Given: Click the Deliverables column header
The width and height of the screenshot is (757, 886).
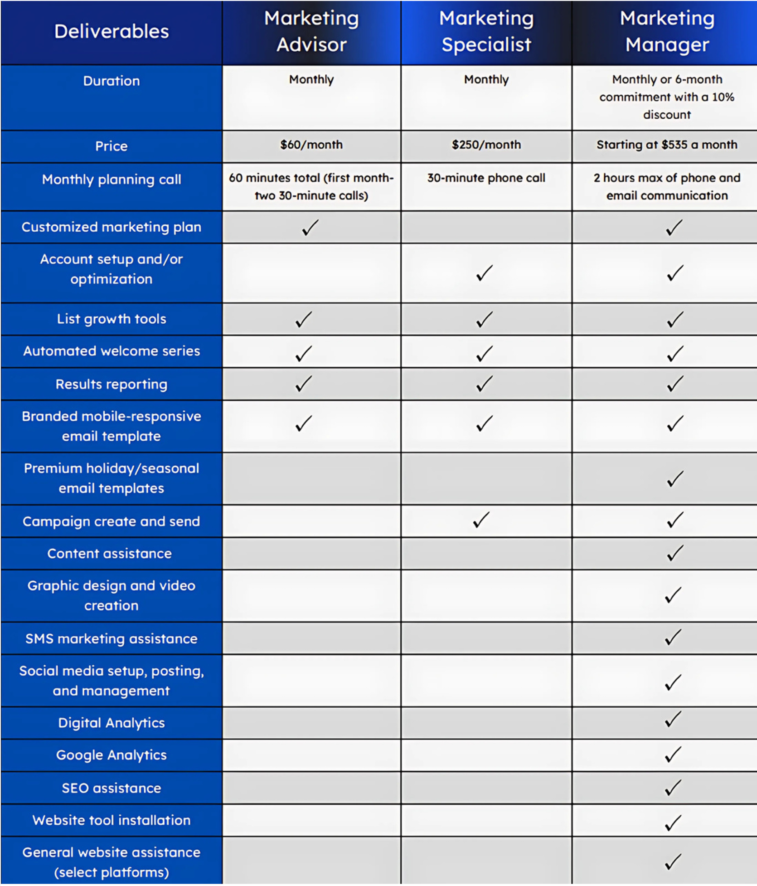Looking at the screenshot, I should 112,32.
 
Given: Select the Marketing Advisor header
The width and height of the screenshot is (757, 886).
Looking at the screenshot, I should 311,32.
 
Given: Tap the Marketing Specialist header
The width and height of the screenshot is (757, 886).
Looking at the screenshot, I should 486,32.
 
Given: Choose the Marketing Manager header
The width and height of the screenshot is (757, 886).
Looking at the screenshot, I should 667,32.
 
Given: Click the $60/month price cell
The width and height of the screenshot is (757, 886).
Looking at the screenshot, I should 311,145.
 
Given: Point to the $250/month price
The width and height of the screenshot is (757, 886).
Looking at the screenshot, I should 486,145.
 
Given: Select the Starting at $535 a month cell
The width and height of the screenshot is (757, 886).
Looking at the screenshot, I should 667,145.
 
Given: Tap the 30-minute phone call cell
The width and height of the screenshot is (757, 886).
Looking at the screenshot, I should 486,178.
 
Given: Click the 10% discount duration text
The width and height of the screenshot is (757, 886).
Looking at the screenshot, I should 667,97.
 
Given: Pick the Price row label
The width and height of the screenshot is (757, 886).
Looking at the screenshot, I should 112,146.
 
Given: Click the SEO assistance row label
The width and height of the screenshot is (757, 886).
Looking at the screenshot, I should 112,788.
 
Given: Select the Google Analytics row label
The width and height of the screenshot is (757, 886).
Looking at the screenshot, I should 112,755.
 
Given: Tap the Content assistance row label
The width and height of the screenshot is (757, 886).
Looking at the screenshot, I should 110,554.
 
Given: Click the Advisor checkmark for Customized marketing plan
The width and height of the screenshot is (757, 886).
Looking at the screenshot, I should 311,228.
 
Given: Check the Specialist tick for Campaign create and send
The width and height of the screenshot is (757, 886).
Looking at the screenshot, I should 481,520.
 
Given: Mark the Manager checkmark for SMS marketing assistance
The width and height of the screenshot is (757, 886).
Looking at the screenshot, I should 673,637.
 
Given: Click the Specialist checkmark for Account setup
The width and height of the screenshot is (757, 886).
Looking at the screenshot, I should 485,273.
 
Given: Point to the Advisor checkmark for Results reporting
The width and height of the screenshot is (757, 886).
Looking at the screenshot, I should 304,384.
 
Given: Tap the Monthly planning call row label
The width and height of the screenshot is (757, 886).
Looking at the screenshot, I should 112,180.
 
